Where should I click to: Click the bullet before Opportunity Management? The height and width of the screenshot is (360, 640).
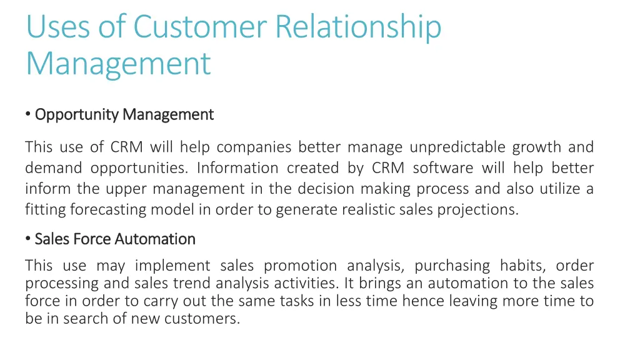coord(29,114)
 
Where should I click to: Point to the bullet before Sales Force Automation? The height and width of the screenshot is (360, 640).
coord(29,239)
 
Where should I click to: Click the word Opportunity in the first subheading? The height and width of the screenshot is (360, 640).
coord(77,115)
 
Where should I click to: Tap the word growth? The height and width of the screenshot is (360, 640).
coord(537,147)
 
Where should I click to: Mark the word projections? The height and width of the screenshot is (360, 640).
coord(481,209)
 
